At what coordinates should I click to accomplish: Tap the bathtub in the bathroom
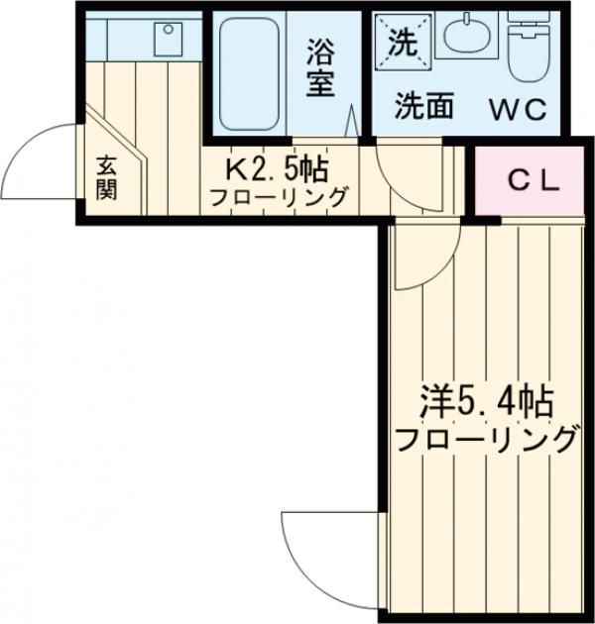tap(250, 74)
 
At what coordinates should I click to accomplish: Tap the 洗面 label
tap(423, 107)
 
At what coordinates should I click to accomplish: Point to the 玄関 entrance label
tap(106, 178)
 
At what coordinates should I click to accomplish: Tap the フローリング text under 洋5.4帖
tap(485, 438)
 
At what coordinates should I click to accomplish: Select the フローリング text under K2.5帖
tap(279, 196)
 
